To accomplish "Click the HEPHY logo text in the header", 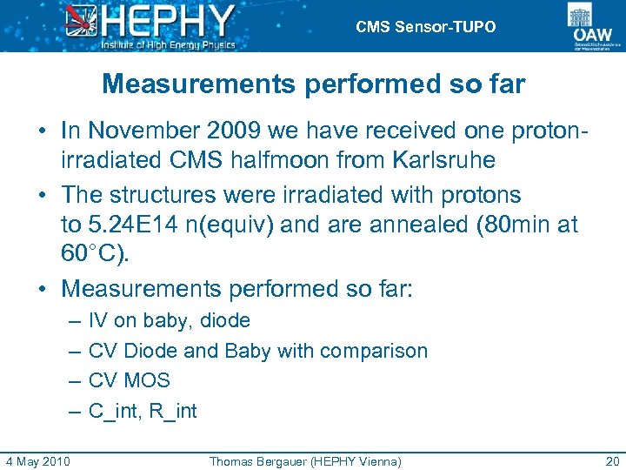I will pyautogui.click(x=169, y=21).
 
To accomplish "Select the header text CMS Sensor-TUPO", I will pyautogui.click(x=426, y=27).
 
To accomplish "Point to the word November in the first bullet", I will pyautogui.click(x=138, y=131).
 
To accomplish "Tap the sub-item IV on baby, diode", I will pyautogui.click(x=170, y=320).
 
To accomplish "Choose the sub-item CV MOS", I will pyautogui.click(x=130, y=380).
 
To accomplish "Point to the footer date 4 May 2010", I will pyautogui.click(x=38, y=460).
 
